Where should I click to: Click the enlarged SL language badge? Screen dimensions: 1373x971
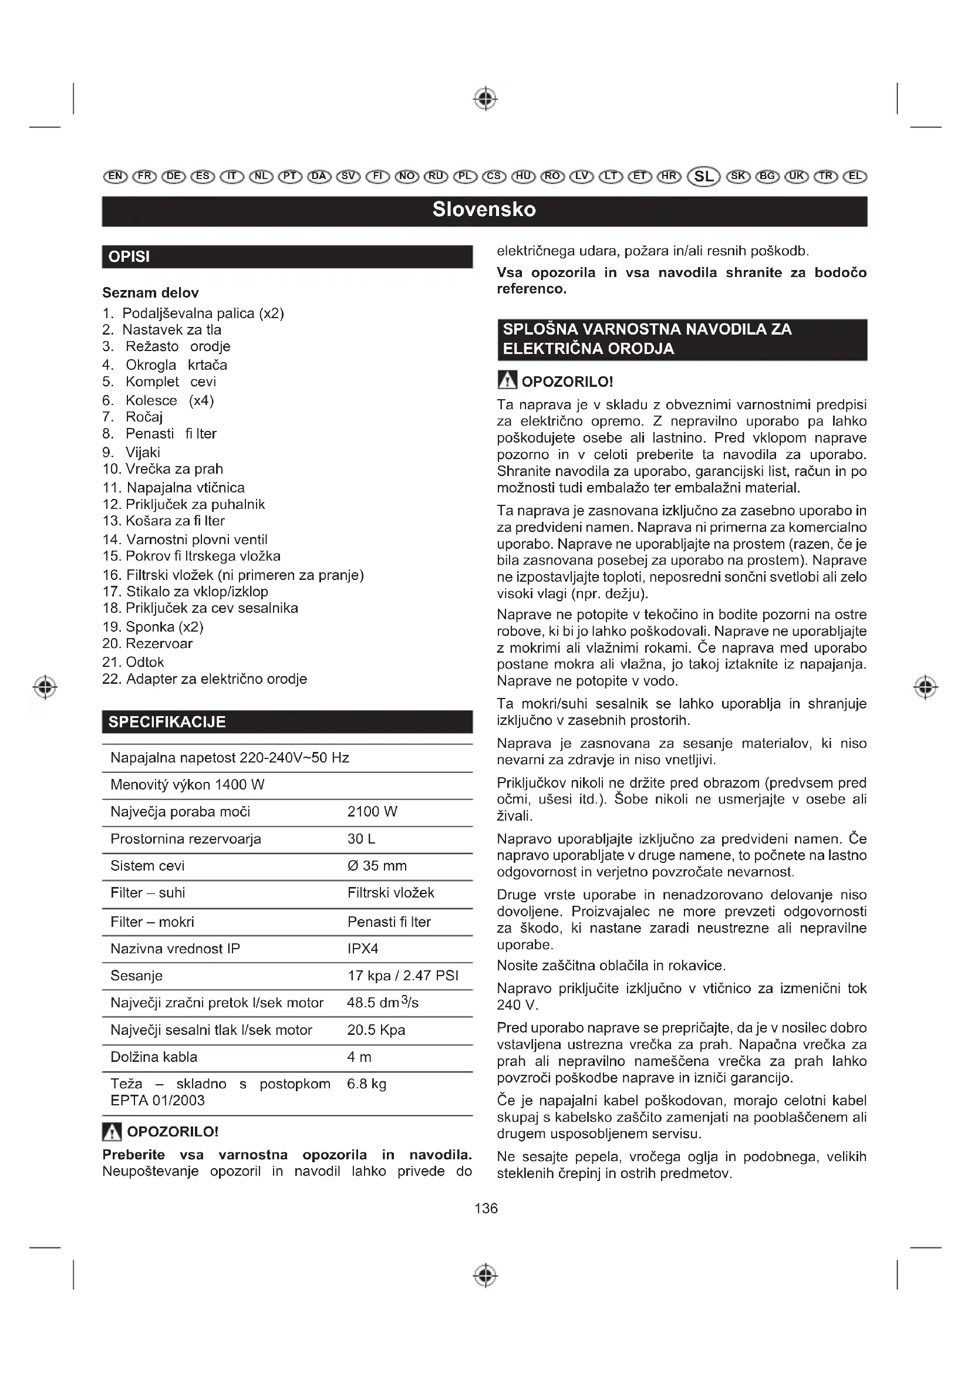704,177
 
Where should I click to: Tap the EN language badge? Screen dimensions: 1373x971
115,177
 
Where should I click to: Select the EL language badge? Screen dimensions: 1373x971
855,177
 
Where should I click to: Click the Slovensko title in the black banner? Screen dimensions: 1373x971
484,210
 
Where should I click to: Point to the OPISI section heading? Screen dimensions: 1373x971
129,257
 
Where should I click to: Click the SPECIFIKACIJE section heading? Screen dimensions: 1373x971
167,722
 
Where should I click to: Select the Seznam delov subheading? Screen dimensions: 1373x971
150,292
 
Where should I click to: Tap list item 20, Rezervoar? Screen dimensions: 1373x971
159,643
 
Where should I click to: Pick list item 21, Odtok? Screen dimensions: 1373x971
144,662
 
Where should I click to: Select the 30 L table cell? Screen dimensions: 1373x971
361,838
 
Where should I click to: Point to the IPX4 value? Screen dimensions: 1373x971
362,949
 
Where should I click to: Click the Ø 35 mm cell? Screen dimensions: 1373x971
377,865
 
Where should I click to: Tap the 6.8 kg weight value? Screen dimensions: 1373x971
366,1084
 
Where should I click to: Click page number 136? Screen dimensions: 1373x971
485,1208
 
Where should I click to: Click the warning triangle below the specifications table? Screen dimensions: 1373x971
112,1131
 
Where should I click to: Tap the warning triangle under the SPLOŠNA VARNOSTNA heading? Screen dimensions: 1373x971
507,380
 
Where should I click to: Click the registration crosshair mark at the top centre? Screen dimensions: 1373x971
485,98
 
